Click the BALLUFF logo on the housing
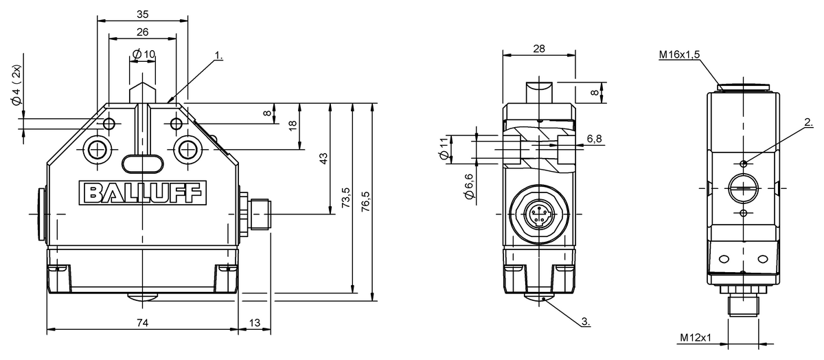[143, 192]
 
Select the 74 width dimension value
[142, 323]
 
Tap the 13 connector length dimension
[255, 323]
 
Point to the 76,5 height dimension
[365, 201]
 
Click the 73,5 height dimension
[346, 198]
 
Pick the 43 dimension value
[323, 159]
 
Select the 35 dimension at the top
[142, 14]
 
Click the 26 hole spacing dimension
[142, 32]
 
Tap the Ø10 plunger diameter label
[144, 54]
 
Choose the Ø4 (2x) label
[16, 85]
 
